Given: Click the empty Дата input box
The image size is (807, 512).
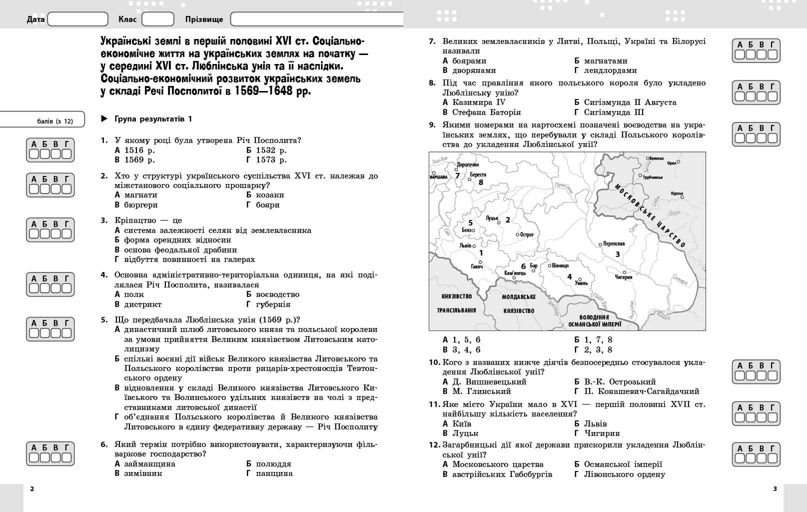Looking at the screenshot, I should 77,19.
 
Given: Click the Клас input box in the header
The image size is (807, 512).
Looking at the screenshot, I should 157,19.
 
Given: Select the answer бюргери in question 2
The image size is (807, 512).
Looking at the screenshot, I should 140,205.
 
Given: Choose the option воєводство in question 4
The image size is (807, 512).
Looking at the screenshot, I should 277,294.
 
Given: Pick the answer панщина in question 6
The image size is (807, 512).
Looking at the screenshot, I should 274,473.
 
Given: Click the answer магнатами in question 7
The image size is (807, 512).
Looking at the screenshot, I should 605,61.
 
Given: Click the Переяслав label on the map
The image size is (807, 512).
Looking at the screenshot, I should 614,243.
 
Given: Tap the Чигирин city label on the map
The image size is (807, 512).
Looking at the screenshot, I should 624,277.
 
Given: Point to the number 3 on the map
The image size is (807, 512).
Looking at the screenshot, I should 618,254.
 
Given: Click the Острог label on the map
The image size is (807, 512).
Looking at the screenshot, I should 527,234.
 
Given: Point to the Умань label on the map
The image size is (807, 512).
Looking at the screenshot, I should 581,283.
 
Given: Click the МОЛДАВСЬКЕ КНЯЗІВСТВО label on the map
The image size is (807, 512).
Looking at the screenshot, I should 519,303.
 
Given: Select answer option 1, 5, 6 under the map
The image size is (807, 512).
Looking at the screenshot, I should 466,340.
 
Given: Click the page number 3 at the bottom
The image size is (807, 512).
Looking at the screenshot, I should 775,489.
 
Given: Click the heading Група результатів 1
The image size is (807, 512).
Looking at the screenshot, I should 153,119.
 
